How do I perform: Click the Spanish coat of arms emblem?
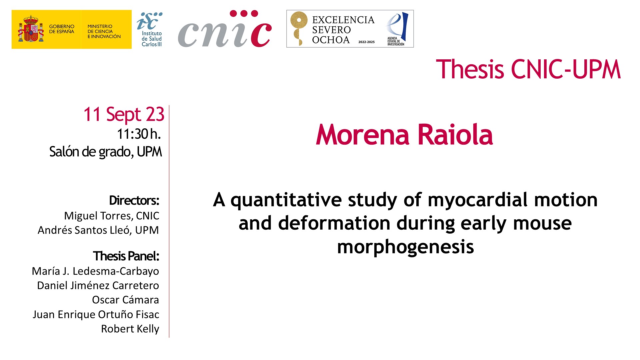(x=31, y=29)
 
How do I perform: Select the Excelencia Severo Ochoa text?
(x=343, y=30)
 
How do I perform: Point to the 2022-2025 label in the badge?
(x=366, y=42)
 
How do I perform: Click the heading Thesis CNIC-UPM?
(x=528, y=69)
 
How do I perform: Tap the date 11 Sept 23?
(x=124, y=114)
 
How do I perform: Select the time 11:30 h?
(x=139, y=134)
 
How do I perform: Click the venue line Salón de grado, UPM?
(x=106, y=152)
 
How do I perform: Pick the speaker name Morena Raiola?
(x=404, y=135)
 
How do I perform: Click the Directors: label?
(x=134, y=200)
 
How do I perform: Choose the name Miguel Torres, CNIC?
(x=112, y=216)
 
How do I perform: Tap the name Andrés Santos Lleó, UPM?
(x=98, y=230)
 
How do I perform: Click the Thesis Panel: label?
(x=126, y=256)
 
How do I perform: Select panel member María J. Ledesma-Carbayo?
(x=95, y=271)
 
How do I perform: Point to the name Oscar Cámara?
(x=125, y=300)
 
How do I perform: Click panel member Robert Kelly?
(x=130, y=329)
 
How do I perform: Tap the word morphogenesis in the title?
(x=405, y=247)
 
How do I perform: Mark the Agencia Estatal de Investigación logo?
(x=397, y=29)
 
